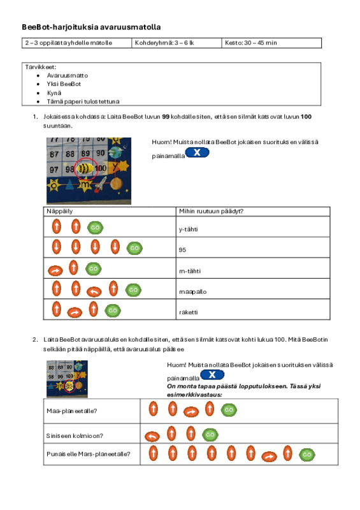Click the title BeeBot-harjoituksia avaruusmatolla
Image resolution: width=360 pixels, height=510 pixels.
tap(91, 27)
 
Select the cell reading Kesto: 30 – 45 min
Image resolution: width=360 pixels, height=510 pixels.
tap(251, 43)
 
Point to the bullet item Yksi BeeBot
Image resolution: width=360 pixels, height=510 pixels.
tap(64, 84)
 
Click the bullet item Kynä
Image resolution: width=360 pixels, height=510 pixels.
tap(54, 92)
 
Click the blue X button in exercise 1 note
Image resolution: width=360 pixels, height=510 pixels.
tap(197, 152)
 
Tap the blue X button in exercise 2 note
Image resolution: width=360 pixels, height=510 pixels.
tap(212, 375)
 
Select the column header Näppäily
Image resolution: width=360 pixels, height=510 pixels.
tap(59, 211)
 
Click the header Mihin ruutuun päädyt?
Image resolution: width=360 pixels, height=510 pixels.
tap(211, 211)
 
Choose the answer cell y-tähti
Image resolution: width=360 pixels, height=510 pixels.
tap(189, 229)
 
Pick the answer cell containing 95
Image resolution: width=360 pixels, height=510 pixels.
tap(182, 250)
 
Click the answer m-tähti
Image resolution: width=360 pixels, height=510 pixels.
tap(190, 271)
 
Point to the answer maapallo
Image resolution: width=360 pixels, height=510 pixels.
tap(193, 292)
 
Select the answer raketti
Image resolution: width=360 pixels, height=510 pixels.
tap(189, 312)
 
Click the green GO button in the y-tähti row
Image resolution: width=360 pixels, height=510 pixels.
tap(96, 228)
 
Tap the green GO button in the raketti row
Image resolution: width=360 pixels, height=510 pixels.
tap(113, 310)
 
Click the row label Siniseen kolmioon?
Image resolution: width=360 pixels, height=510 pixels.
tap(75, 436)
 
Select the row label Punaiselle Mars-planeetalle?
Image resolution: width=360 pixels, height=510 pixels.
tap(88, 454)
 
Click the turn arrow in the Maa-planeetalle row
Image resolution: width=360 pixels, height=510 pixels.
tap(191, 412)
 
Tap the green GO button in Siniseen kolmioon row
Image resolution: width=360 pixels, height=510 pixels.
tap(210, 435)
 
